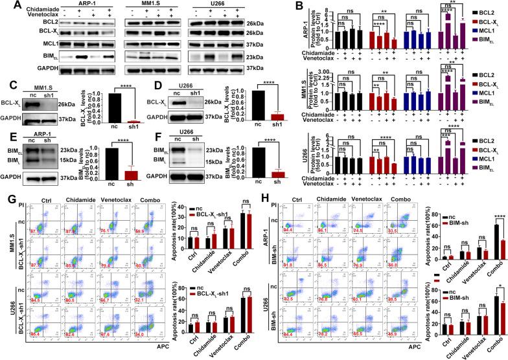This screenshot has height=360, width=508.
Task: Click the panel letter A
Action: tap(5, 6)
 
